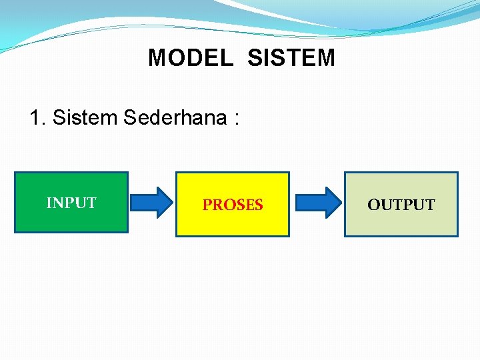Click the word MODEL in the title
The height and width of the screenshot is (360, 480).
coord(191,58)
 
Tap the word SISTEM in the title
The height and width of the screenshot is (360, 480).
coord(291,58)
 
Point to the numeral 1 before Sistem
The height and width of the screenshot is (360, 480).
coord(35,118)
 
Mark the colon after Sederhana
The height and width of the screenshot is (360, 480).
coord(236,119)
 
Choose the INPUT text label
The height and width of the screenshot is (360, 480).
coord(71,203)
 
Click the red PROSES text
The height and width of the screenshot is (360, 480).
coord(233,205)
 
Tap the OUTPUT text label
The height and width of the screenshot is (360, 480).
coord(401,205)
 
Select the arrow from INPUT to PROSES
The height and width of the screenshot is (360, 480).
coord(151,202)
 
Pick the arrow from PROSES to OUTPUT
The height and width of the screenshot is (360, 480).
coord(317,202)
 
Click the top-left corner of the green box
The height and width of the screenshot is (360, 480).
coord(15,173)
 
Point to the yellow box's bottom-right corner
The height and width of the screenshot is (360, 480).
coord(289,236)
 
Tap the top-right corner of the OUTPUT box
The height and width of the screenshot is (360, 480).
coord(457,173)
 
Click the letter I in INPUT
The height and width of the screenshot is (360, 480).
coord(49,203)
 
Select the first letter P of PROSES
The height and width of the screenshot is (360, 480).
coord(207,205)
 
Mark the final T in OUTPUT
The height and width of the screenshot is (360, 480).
coord(430,205)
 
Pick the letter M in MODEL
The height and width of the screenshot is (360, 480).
coord(156,58)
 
